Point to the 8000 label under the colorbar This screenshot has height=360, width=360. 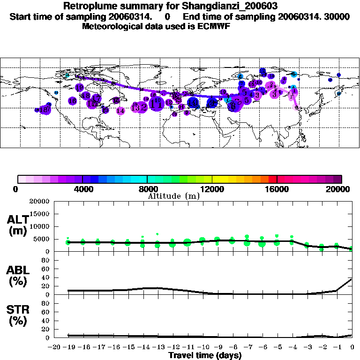[x=148, y=189]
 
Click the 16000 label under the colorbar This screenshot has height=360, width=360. [x=277, y=189]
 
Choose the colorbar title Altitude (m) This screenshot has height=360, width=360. [x=173, y=196]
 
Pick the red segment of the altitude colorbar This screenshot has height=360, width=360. [x=273, y=179]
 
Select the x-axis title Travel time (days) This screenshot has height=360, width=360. [x=205, y=355]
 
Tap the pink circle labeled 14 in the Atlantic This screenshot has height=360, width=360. [x=120, y=111]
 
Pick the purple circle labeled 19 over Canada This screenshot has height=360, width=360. [x=79, y=87]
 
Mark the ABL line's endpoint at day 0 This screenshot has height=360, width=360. [x=352, y=279]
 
